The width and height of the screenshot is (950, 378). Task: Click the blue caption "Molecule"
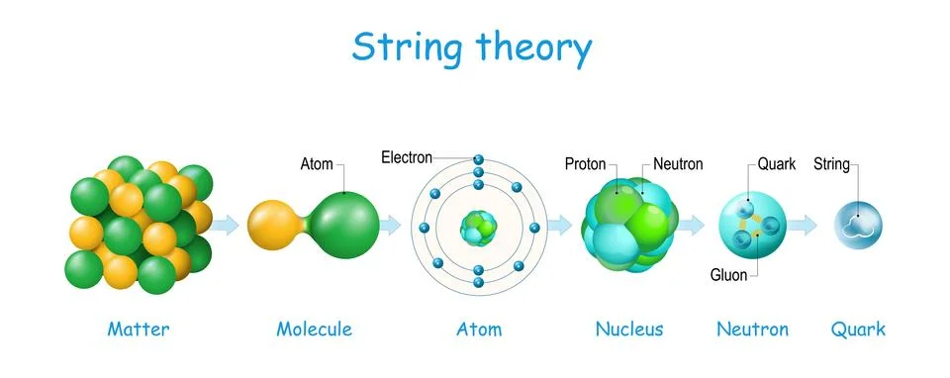click(314, 329)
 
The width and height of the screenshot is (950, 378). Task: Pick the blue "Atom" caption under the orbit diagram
click(478, 329)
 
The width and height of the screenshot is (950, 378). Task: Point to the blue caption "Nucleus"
click(628, 329)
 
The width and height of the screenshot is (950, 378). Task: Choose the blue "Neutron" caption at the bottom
click(752, 329)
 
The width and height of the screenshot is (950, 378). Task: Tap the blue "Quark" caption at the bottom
click(858, 329)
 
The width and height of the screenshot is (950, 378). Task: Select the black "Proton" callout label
click(585, 163)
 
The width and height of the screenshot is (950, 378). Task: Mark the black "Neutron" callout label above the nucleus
click(678, 163)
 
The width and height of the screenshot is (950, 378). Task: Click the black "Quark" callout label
click(777, 163)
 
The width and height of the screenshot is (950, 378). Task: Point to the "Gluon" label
click(728, 274)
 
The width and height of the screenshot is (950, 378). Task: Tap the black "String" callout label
click(831, 163)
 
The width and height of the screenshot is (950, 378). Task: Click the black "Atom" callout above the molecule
click(317, 163)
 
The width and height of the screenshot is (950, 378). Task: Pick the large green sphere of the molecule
click(344, 223)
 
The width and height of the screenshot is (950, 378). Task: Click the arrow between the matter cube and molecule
click(227, 225)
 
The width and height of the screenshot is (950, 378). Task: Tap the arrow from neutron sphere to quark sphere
click(803, 226)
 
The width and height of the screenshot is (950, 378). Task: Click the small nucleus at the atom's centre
click(478, 228)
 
